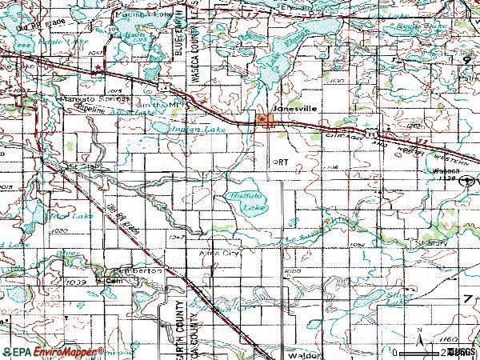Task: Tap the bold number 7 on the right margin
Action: point(468,298)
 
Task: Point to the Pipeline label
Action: point(83,114)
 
